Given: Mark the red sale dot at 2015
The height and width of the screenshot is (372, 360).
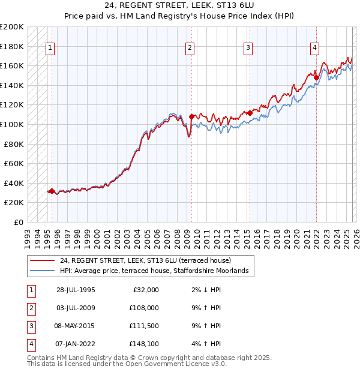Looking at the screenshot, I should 250,113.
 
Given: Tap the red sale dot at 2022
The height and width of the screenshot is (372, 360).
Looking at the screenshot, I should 316,77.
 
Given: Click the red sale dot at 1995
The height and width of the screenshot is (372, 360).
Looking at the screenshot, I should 52,191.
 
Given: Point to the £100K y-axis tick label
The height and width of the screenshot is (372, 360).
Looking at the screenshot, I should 13,124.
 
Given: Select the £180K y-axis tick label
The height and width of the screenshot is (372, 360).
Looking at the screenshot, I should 13,46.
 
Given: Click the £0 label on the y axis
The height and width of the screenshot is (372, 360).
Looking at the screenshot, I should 19,222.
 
